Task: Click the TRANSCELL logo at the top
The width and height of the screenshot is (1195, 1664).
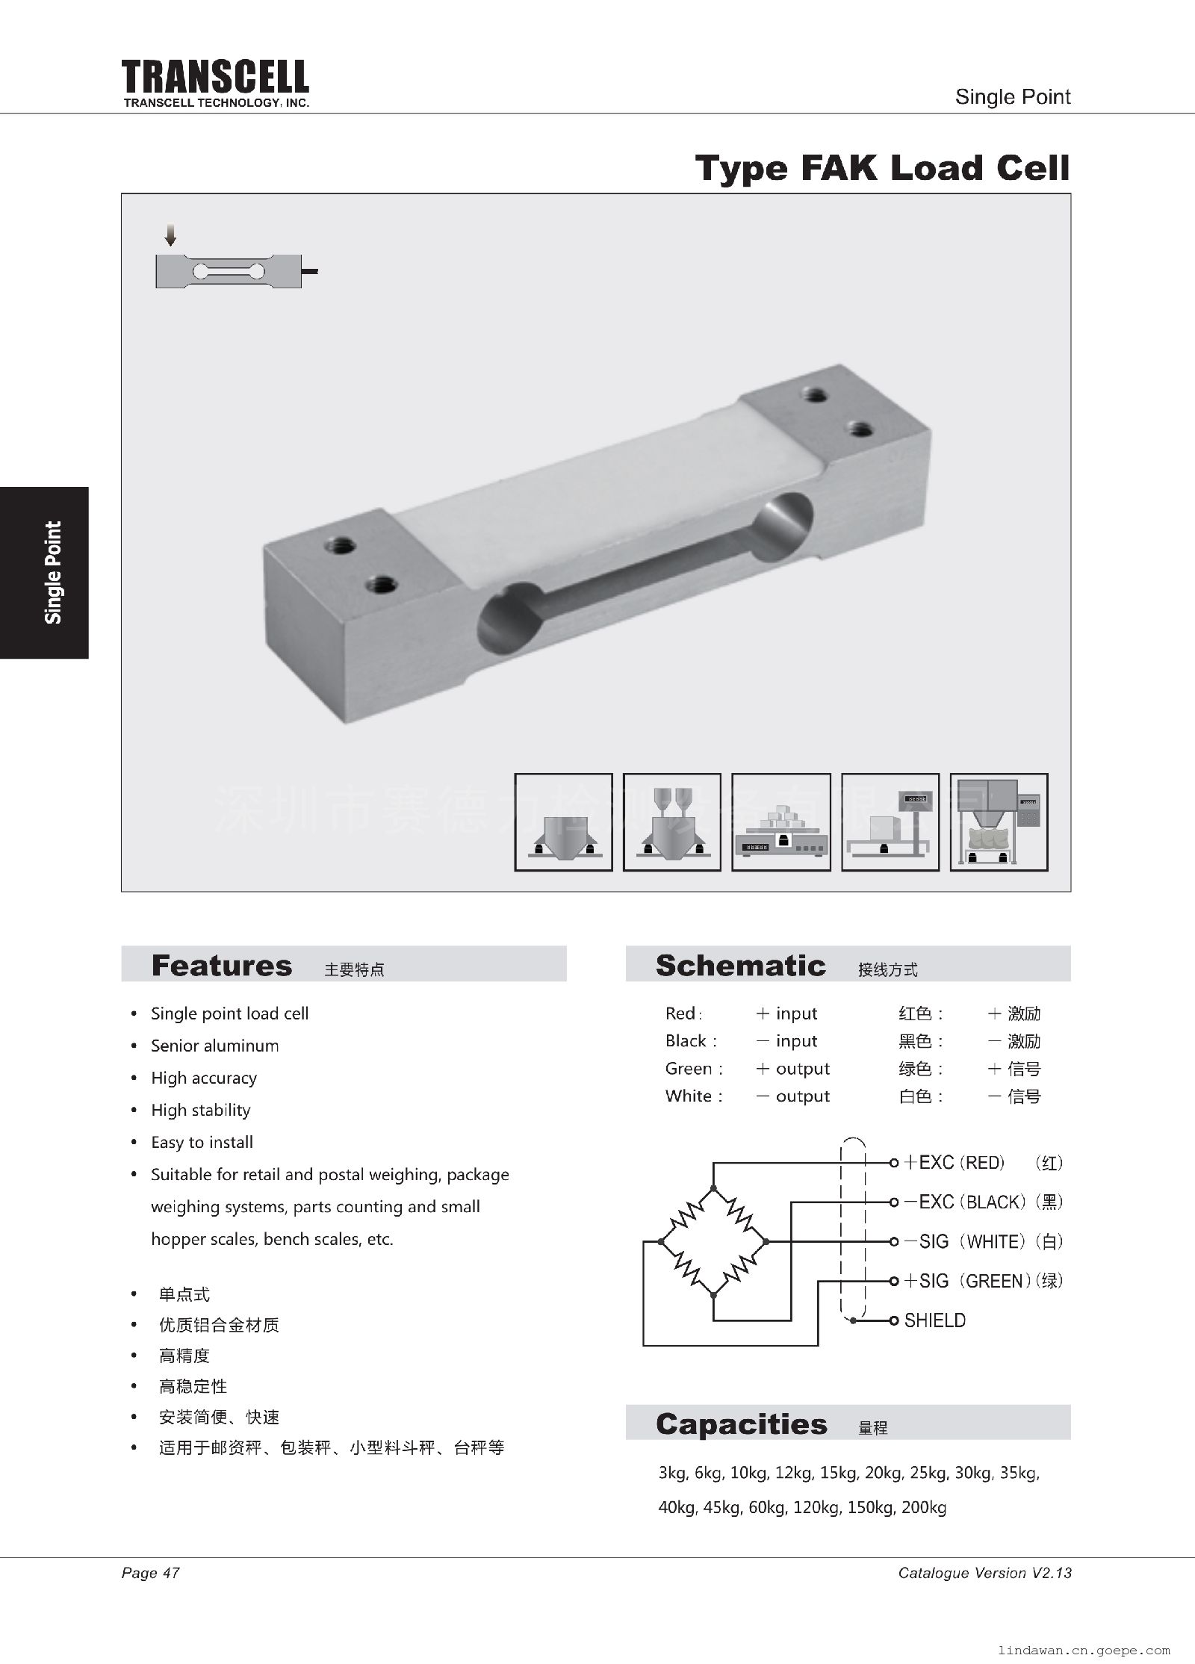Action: (215, 78)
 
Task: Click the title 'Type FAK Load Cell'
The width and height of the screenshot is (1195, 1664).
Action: (882, 168)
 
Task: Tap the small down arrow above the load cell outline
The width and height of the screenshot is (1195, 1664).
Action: (171, 235)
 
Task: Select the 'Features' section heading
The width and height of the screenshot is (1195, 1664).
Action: (221, 965)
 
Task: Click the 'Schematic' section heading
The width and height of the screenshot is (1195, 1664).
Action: (740, 965)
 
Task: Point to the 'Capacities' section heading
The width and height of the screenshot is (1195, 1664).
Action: (741, 1424)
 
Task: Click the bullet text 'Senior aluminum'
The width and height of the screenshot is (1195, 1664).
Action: (214, 1046)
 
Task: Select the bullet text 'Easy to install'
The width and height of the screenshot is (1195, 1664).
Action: (202, 1142)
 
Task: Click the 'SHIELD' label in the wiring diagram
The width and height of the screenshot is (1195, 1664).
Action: (934, 1320)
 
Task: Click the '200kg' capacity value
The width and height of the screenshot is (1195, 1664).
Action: (924, 1507)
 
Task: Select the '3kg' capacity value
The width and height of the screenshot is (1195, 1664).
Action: (672, 1474)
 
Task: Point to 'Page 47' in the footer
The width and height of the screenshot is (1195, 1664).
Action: (150, 1573)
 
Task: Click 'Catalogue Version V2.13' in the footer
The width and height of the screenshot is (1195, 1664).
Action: (984, 1573)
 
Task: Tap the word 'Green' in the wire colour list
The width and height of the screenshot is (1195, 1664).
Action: (689, 1069)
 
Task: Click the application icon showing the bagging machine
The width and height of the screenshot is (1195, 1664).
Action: (999, 822)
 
